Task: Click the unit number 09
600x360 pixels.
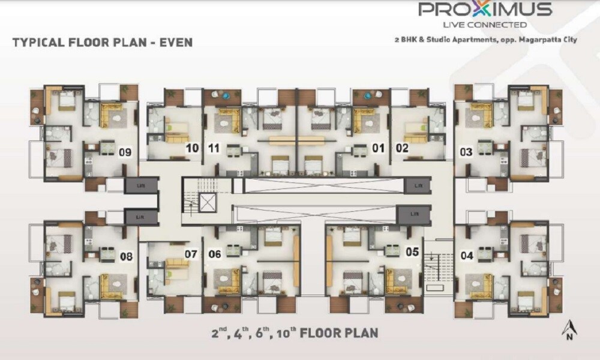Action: click(x=125, y=152)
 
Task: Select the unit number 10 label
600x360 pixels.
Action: click(x=193, y=148)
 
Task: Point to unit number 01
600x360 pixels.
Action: click(x=379, y=148)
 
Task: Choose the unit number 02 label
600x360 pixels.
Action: click(x=401, y=148)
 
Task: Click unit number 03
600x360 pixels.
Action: click(x=466, y=152)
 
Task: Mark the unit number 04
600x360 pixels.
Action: click(x=467, y=256)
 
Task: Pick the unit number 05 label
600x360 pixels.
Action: click(x=412, y=252)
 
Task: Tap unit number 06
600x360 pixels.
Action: click(x=215, y=254)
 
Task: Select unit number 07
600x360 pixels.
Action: click(x=191, y=254)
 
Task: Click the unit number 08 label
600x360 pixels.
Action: click(x=126, y=257)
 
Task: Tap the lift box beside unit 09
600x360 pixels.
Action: click(x=140, y=185)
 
